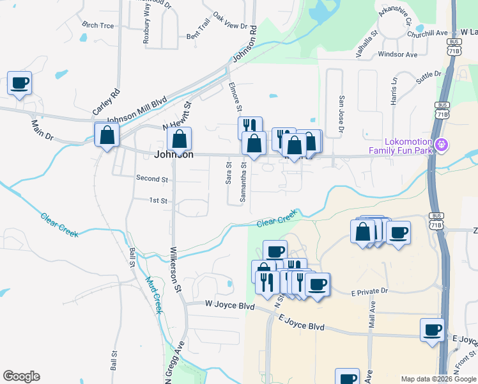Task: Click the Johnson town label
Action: [174, 154]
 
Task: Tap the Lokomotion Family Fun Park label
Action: [400, 146]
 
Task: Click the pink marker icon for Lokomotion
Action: [441, 146]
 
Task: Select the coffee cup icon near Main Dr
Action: [20, 83]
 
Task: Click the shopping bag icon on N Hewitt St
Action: [180, 138]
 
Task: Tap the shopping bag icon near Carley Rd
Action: [107, 135]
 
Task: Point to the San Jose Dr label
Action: [342, 115]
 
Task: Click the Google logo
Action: [20, 376]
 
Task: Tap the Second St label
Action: [152, 179]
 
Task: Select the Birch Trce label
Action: [98, 25]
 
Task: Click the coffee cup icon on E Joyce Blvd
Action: [433, 330]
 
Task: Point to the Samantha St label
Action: [243, 182]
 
